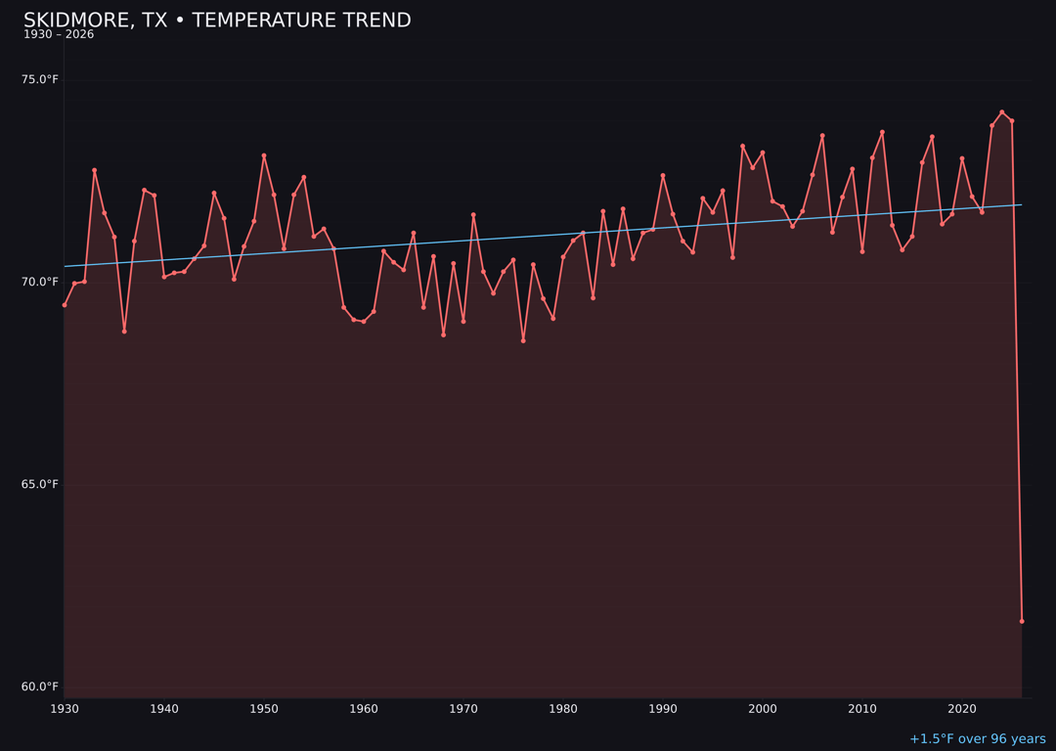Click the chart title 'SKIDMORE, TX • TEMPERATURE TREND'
click(x=217, y=21)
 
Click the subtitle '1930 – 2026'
click(x=59, y=35)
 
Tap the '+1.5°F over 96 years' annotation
click(x=977, y=739)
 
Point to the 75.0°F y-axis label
click(x=40, y=79)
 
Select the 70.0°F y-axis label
click(x=40, y=282)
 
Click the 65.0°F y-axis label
click(x=40, y=484)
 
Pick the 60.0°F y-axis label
click(x=40, y=686)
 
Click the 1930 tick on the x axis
click(x=65, y=708)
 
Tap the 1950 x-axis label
click(x=264, y=708)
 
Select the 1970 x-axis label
click(x=463, y=708)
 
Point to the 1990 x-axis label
click(x=663, y=708)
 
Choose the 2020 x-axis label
click(x=962, y=708)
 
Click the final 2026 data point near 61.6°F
click(x=1022, y=621)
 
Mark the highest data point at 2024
click(x=1002, y=112)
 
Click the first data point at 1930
click(x=65, y=305)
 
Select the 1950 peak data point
click(x=264, y=155)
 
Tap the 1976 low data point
click(x=523, y=340)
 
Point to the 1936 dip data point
click(x=124, y=331)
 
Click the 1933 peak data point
click(x=95, y=170)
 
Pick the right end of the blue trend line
click(x=1021, y=204)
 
